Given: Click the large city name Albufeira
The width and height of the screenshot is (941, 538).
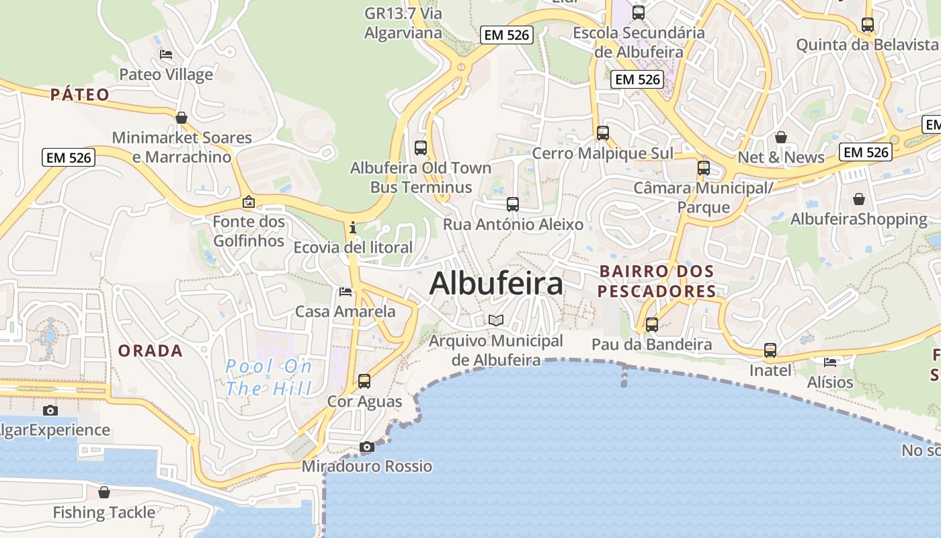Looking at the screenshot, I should click(496, 284).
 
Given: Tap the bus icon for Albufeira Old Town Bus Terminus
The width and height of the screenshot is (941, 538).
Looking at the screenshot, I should click(421, 147).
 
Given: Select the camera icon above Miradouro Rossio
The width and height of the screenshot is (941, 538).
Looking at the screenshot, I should click(366, 447).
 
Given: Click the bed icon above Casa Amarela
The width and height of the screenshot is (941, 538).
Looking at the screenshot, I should click(345, 291).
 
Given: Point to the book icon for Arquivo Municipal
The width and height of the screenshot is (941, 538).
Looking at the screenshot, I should click(496, 320).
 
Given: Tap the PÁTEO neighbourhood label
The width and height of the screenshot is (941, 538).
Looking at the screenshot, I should click(79, 94).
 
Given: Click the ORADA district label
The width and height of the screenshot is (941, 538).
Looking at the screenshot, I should click(151, 350).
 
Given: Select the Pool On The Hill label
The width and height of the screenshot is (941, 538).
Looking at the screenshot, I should click(269, 377).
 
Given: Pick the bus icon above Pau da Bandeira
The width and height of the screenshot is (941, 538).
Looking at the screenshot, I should click(651, 324).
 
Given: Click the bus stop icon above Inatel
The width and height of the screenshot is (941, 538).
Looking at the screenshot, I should click(770, 350).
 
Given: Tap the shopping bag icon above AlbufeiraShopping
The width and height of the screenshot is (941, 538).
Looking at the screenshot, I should click(859, 199).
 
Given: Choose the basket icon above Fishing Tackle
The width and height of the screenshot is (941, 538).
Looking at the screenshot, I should click(104, 492).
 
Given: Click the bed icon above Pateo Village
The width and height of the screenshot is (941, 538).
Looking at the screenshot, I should click(166, 54).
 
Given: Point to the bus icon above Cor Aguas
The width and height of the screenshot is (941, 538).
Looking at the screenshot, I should click(364, 381).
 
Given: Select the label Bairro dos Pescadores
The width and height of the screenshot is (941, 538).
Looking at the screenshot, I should click(657, 281).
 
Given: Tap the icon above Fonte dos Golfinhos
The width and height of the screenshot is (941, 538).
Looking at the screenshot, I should click(249, 201).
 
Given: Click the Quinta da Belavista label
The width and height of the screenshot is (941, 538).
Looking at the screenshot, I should click(867, 44).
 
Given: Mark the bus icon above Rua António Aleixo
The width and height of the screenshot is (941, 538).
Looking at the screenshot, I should click(513, 204).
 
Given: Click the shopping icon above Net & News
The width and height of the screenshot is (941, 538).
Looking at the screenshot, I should click(781, 137).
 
